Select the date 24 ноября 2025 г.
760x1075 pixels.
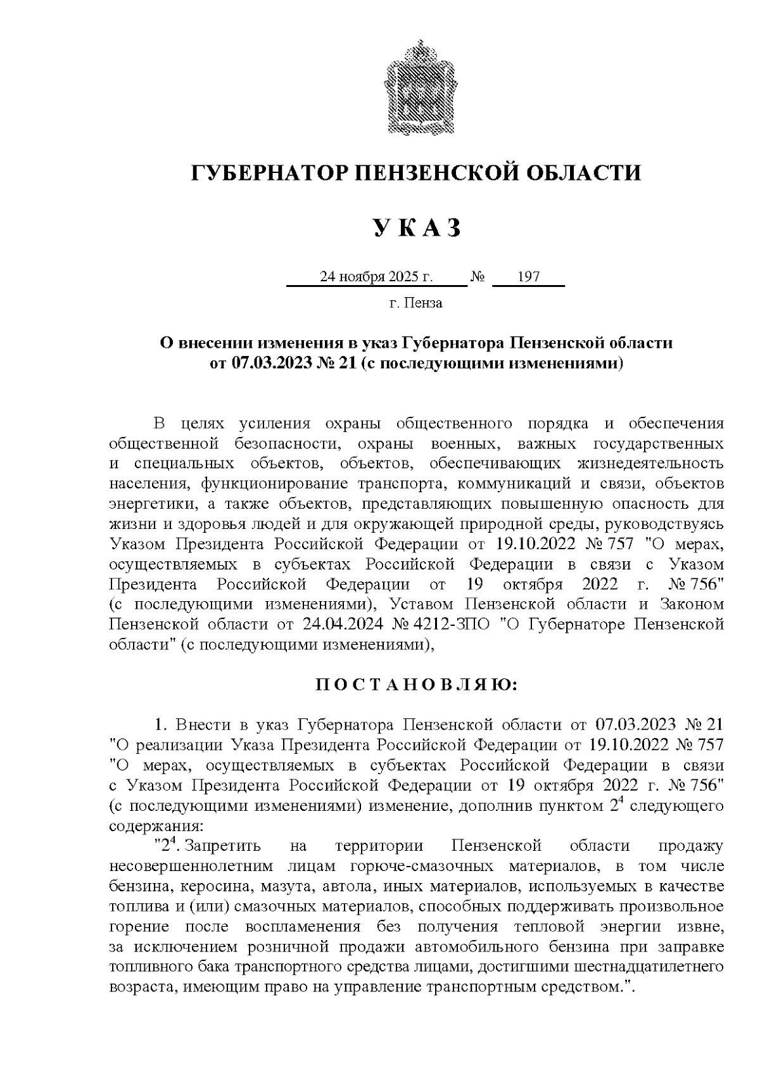point(376,277)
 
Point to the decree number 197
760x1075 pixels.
point(528,277)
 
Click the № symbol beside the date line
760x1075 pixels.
point(478,277)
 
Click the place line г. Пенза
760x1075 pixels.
point(415,303)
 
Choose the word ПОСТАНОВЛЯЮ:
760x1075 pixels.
point(415,685)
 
